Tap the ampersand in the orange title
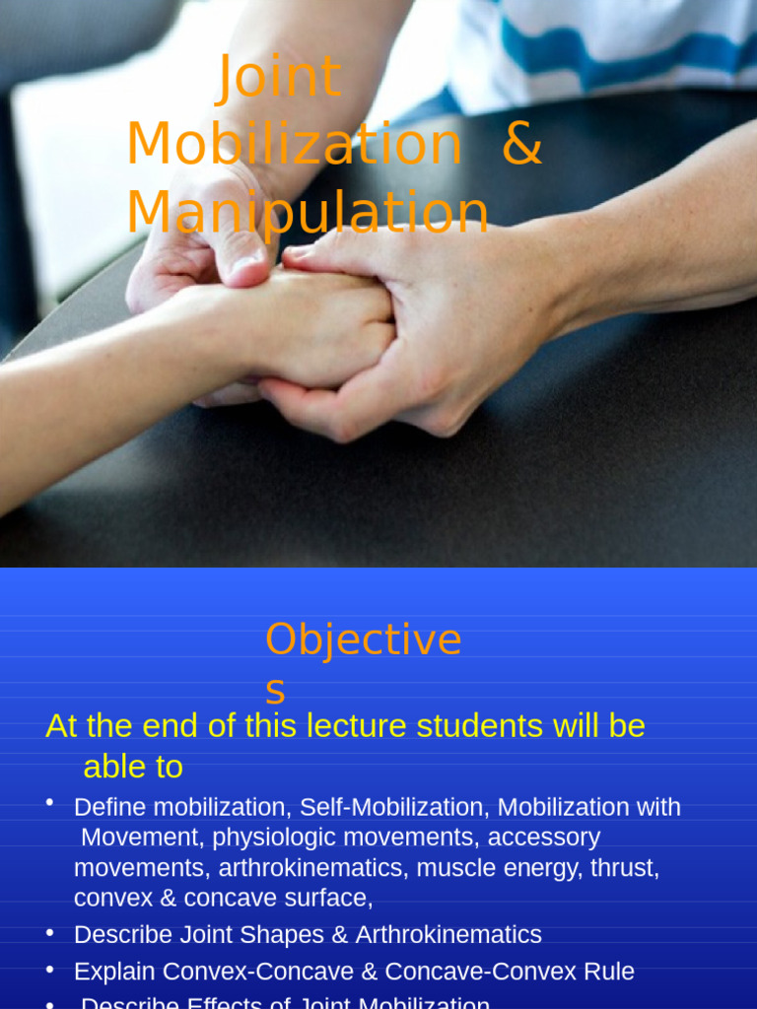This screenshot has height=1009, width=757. pos(521,144)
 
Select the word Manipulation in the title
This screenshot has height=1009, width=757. pos(308,212)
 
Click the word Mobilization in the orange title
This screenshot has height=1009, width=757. pos(294,144)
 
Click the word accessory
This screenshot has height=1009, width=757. pos(543,838)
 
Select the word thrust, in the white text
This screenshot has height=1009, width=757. pos(625,868)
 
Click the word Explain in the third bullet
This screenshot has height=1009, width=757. pos(114,972)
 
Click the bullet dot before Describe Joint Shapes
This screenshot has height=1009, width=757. pos(49,931)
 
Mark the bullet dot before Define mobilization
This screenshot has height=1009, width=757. pos(49,803)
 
